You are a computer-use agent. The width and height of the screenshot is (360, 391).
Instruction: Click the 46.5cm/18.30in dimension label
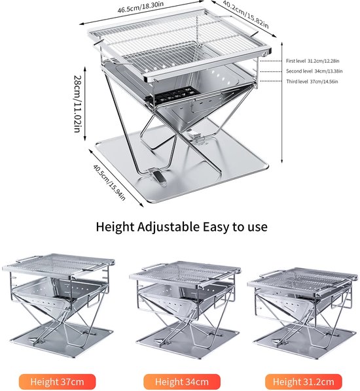click(x=141, y=7)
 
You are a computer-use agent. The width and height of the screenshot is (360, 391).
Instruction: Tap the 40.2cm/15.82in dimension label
click(x=245, y=14)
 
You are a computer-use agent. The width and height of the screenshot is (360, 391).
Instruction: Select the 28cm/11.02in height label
click(x=78, y=104)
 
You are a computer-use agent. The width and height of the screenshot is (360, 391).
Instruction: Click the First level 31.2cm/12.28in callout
click(x=313, y=61)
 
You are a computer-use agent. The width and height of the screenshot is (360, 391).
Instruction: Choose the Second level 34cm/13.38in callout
click(x=314, y=71)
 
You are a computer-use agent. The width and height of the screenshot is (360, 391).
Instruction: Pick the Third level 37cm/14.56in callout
click(x=312, y=82)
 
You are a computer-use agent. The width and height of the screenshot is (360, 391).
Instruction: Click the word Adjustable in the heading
click(x=168, y=227)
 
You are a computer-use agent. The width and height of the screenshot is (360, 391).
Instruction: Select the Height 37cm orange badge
click(x=57, y=382)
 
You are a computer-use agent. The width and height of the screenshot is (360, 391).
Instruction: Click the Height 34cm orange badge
click(x=182, y=382)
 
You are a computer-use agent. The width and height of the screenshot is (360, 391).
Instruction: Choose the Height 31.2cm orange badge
click(x=303, y=382)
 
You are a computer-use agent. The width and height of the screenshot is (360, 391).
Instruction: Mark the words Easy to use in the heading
click(x=235, y=227)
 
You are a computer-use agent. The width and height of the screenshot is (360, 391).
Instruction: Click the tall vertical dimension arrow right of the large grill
click(x=282, y=103)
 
